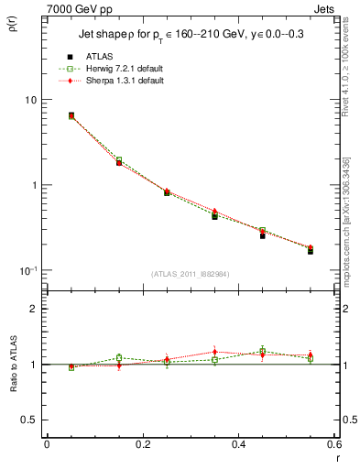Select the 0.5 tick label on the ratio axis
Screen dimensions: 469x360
coord(29,420)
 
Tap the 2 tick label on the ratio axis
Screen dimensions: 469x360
coord(34,309)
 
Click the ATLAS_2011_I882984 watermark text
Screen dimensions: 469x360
coord(191,274)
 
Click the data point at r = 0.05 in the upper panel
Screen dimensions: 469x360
coord(71,115)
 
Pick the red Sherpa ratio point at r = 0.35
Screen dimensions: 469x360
coord(214,352)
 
